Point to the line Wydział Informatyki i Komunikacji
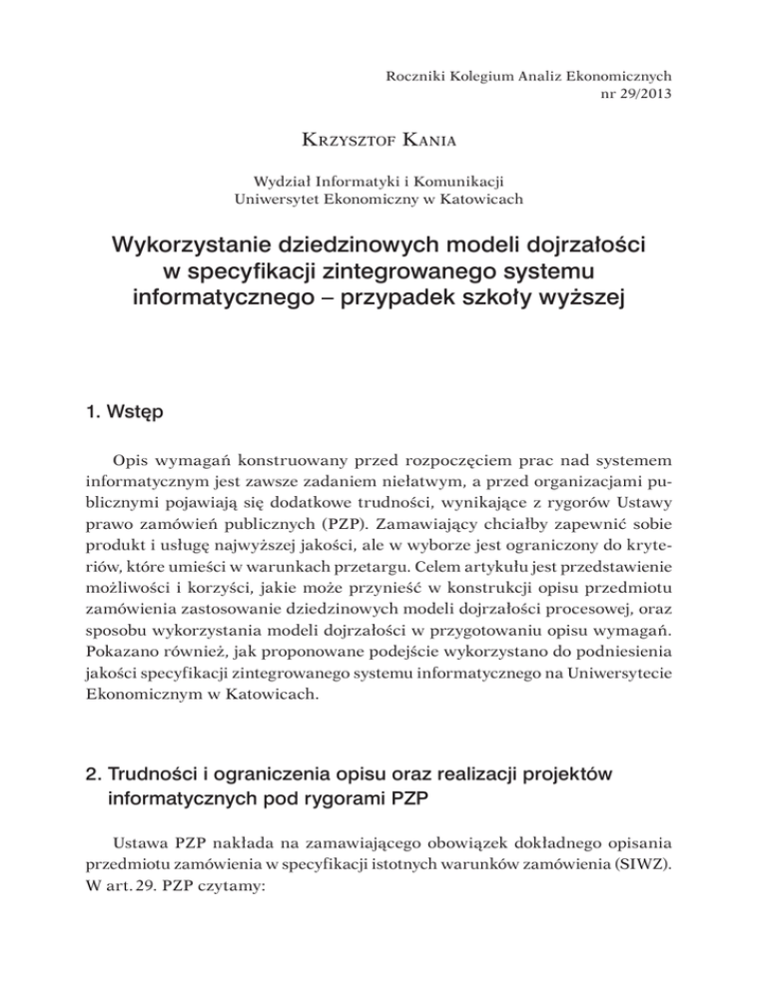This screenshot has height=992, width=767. click(x=383, y=181)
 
